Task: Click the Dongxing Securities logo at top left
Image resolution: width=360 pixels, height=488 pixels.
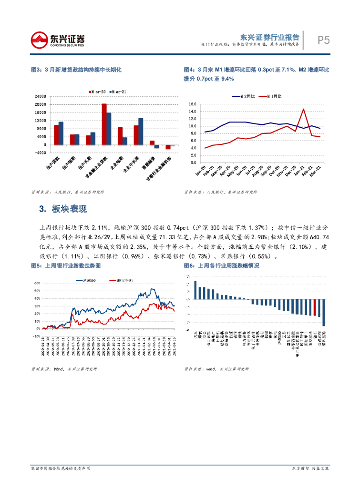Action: click(x=58, y=40)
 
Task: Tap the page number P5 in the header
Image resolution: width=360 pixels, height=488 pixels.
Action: click(x=324, y=40)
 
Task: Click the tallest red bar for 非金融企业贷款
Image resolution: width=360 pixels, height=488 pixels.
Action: click(x=104, y=124)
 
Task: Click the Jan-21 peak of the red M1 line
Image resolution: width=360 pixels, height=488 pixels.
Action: click(x=304, y=109)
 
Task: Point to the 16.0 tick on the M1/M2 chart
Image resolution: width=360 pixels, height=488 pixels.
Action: click(x=193, y=104)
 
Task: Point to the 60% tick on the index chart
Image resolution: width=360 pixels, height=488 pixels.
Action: click(x=37, y=283)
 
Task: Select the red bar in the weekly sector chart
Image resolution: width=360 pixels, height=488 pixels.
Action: click(x=315, y=308)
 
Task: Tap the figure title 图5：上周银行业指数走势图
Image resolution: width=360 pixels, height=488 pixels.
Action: click(x=65, y=266)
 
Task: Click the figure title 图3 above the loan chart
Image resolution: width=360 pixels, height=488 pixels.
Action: click(x=76, y=70)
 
